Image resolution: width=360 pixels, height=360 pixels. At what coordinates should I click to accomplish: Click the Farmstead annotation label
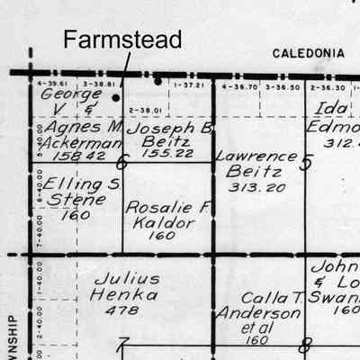pyautogui.click(x=122, y=39)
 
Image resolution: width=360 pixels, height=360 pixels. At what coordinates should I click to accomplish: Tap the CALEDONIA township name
pyautogui.click(x=308, y=54)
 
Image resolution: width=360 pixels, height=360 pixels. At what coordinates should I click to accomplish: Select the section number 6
pyautogui.click(x=122, y=163)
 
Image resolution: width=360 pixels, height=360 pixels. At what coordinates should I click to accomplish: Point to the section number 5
pyautogui.click(x=306, y=163)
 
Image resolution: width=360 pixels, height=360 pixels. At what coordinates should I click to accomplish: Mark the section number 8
pyautogui.click(x=306, y=344)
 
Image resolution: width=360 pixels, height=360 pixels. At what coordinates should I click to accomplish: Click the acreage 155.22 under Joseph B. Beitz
pyautogui.click(x=169, y=156)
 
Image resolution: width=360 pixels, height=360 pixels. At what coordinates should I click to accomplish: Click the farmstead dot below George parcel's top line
pyautogui.click(x=116, y=97)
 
